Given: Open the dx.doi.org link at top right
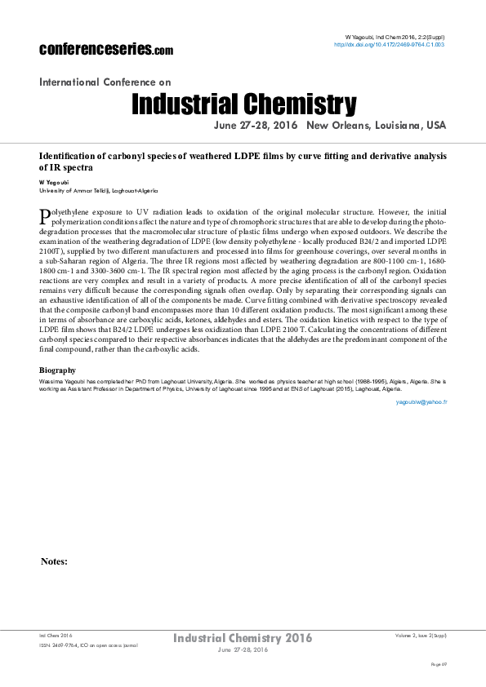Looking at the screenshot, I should click(x=390, y=45).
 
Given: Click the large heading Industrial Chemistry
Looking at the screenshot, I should click(x=243, y=104).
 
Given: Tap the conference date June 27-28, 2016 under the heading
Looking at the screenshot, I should click(x=256, y=126).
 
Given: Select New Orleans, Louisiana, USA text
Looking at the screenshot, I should click(x=377, y=126).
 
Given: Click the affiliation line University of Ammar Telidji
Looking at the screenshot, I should click(x=98, y=189).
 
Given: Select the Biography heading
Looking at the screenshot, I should click(x=58, y=370).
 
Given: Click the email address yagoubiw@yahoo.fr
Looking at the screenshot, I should click(x=421, y=402).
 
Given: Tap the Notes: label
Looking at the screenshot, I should click(x=54, y=561).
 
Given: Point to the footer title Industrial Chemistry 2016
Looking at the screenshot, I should click(x=243, y=637).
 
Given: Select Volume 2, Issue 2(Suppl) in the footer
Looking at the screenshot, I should click(x=421, y=635).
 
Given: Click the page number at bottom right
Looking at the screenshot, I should click(x=438, y=665).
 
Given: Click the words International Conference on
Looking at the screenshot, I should click(x=105, y=82).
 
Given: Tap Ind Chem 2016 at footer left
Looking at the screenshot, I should click(x=56, y=635).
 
